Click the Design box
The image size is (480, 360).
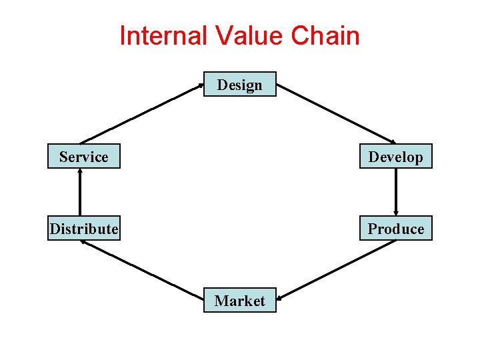239,85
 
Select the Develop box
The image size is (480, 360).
395,157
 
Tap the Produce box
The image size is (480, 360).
395,229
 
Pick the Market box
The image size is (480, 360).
239,301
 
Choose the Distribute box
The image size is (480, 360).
84,229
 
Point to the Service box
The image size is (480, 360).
84,157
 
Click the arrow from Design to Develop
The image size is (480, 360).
336,114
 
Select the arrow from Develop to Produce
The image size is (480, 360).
396,192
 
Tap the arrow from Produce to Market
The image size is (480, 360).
336,270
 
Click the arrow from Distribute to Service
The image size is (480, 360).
80,192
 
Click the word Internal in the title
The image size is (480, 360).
160,35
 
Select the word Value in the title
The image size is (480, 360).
242,35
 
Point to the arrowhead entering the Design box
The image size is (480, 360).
200,85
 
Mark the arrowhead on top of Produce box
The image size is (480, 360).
396,213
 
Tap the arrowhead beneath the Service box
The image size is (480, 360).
80,171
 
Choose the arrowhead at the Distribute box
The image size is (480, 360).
83,242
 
